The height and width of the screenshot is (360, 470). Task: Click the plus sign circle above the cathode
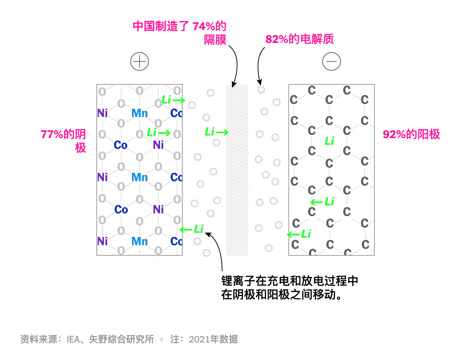(139, 62)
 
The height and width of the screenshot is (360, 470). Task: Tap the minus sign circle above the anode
(331, 62)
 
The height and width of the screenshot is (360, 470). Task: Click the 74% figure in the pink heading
(203, 26)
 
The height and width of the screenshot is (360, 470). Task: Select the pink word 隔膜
(215, 39)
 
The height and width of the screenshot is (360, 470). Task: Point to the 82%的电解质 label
(299, 39)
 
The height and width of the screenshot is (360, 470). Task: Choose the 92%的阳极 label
(411, 134)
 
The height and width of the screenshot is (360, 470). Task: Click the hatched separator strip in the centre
(237, 170)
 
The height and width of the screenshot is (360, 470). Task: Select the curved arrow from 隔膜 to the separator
(235, 64)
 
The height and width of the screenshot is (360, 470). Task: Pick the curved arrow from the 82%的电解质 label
(259, 64)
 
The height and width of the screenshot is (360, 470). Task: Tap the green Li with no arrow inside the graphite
(329, 141)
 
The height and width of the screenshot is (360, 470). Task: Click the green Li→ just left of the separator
(216, 132)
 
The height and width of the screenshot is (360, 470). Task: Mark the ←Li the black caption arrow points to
(192, 229)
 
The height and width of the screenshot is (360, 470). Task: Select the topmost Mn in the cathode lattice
(139, 113)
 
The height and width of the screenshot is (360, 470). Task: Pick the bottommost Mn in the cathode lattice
(139, 241)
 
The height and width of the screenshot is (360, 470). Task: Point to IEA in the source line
(73, 339)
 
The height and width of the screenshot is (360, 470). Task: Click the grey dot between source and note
(162, 339)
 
